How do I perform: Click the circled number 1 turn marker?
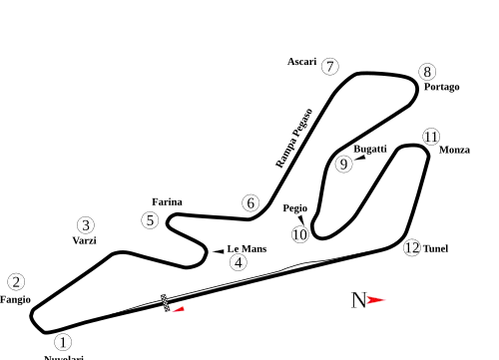click(x=63, y=342)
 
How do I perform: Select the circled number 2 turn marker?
click(x=16, y=281)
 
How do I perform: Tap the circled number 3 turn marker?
click(x=87, y=225)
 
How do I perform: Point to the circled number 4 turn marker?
click(x=238, y=262)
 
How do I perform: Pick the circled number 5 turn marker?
click(x=150, y=220)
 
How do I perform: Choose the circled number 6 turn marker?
click(x=250, y=203)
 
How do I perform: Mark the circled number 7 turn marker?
click(x=330, y=67)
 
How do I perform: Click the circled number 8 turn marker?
click(x=427, y=72)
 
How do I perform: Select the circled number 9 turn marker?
click(x=344, y=165)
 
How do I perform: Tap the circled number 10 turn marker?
click(x=299, y=235)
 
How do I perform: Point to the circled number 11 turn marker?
click(x=431, y=137)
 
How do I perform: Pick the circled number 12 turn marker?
click(x=412, y=247)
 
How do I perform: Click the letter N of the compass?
click(x=358, y=299)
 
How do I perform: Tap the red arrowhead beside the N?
click(x=378, y=299)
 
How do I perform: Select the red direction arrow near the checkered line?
click(x=178, y=310)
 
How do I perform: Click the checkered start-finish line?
click(x=165, y=301)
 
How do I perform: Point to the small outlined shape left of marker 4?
click(x=216, y=251)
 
